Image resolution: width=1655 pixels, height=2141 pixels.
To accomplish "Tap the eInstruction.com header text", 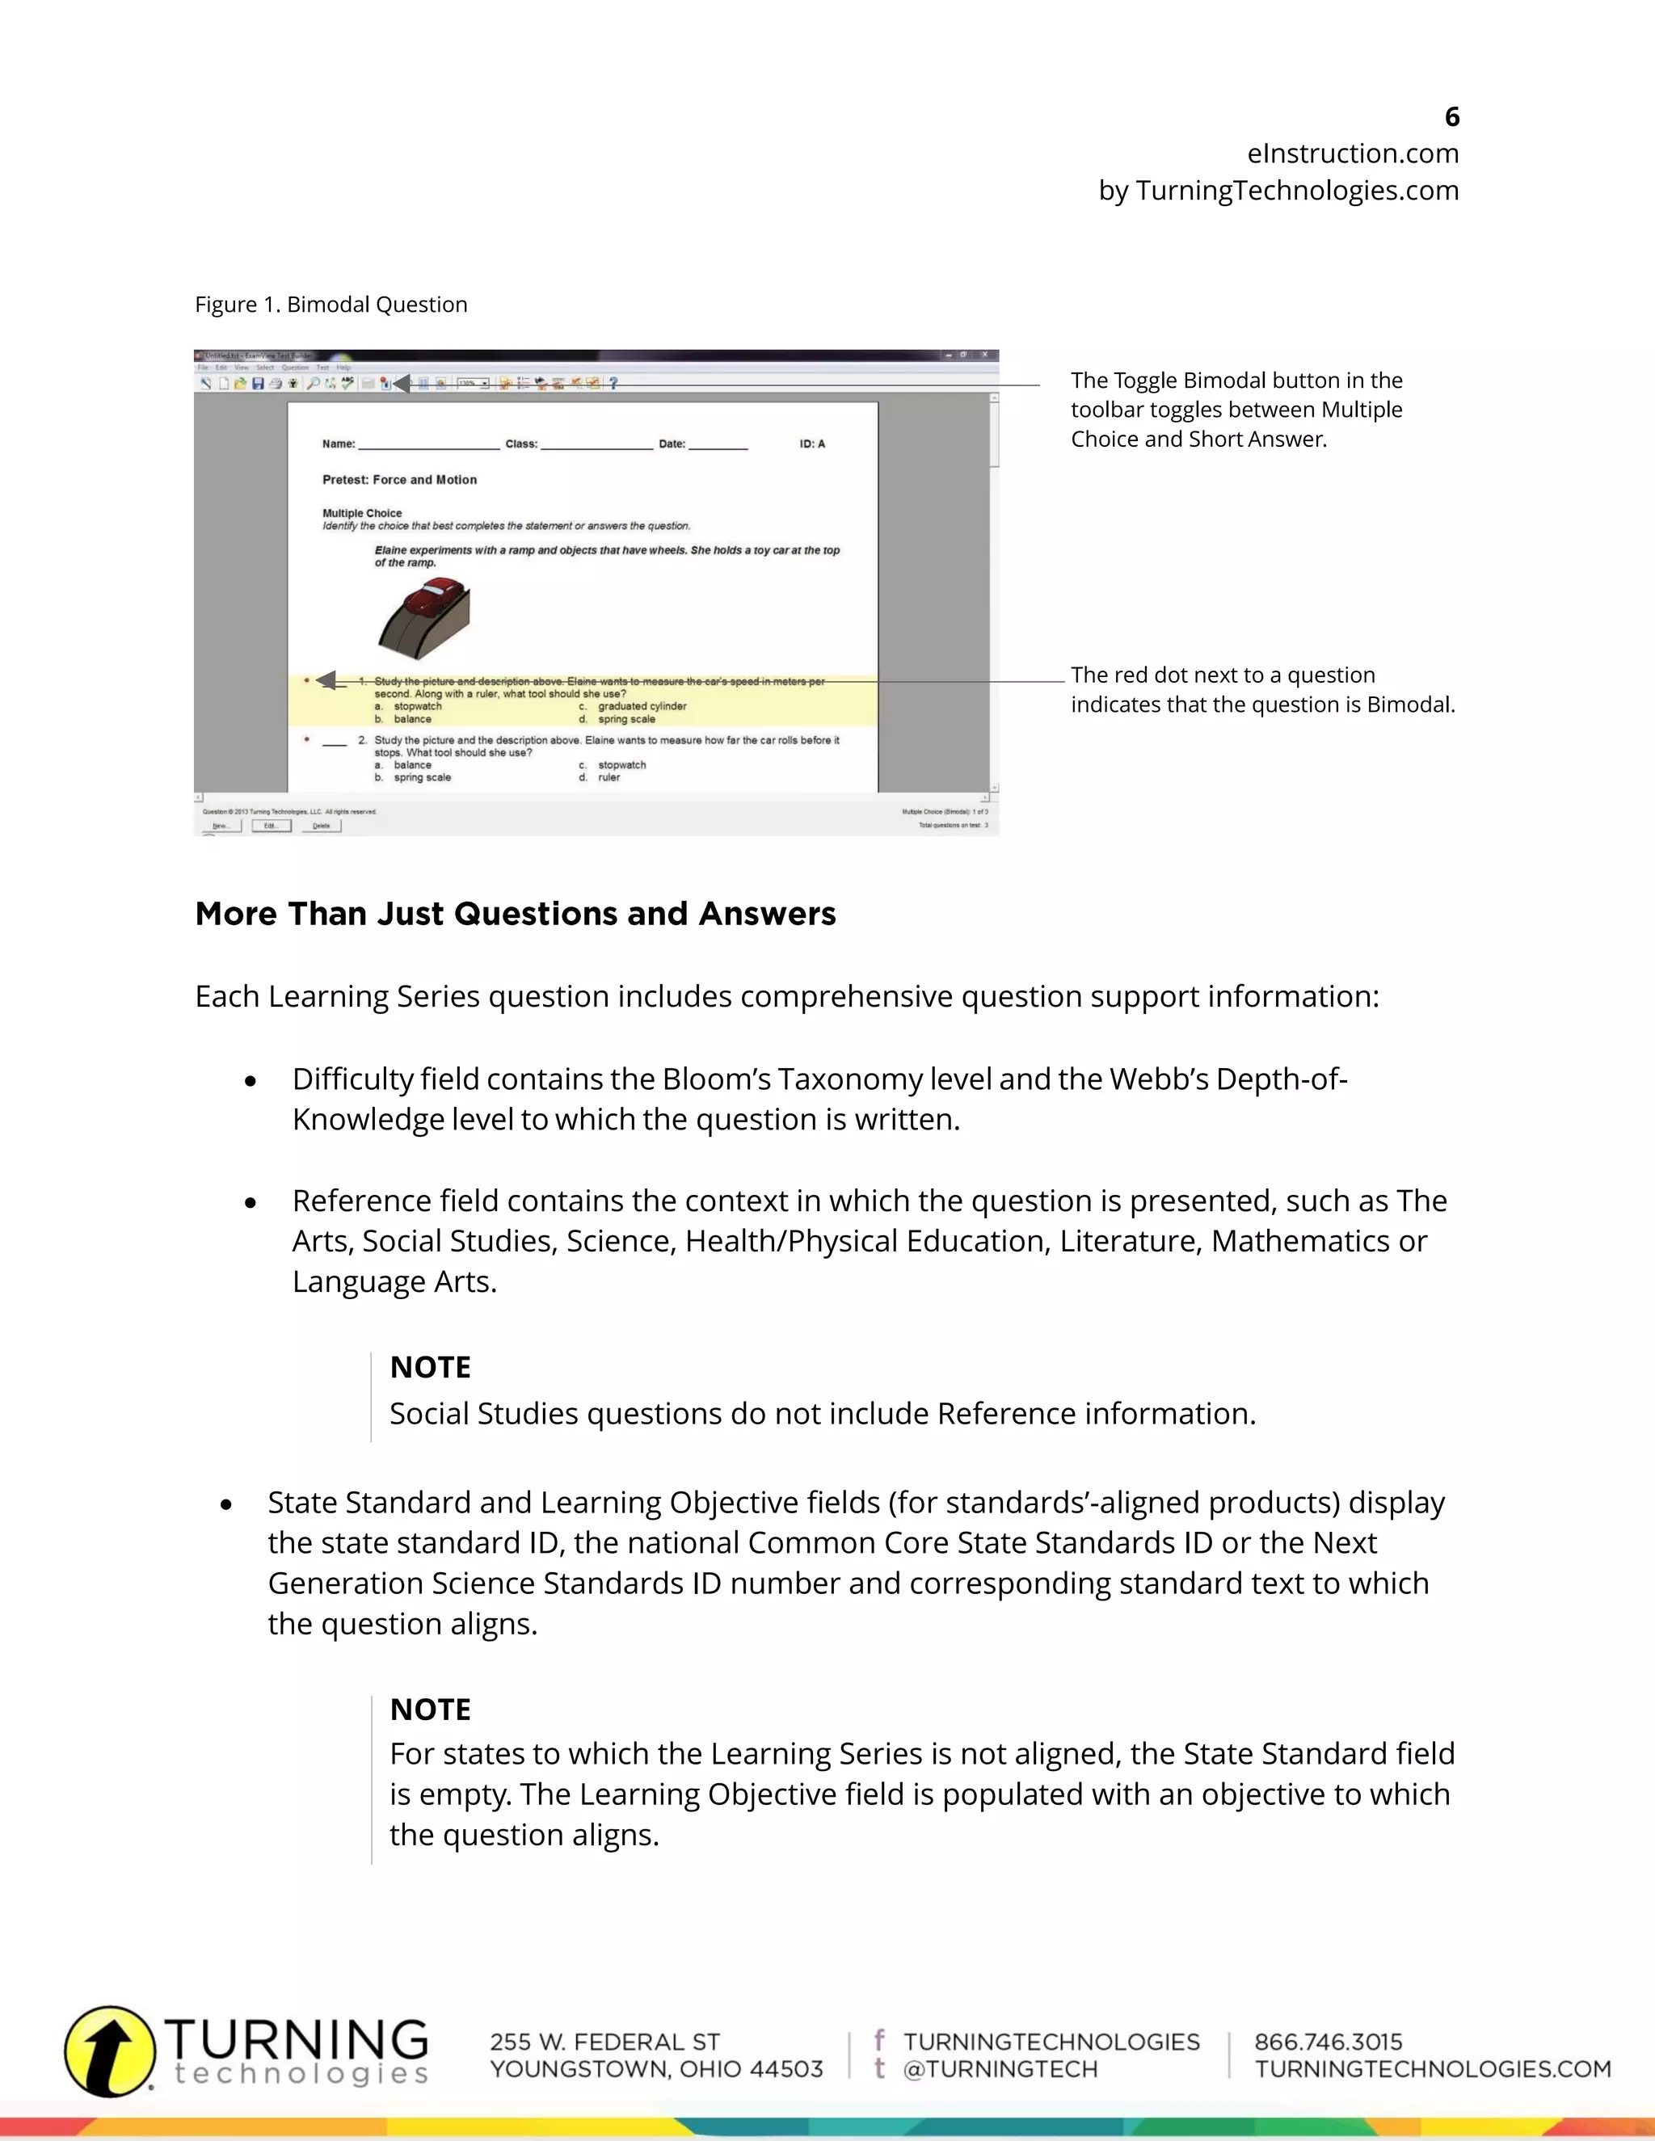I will click(x=1352, y=154).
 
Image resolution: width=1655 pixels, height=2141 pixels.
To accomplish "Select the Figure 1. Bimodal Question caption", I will click(x=331, y=305).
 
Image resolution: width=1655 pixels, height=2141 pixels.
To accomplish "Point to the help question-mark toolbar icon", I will click(x=614, y=383).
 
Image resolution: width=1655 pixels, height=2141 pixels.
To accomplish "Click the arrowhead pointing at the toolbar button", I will click(x=400, y=383).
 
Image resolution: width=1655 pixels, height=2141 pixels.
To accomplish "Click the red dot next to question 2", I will click(x=307, y=739).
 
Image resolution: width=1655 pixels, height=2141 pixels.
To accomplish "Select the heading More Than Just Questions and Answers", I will click(x=515, y=914).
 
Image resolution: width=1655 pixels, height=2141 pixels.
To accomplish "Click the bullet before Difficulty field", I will click(x=251, y=1081).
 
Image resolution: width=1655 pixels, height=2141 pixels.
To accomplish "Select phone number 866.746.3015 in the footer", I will click(x=1328, y=2042).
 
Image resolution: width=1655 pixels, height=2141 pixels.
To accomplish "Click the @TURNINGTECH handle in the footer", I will click(x=1000, y=2069).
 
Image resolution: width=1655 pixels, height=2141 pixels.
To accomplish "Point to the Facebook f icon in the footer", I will click(x=879, y=2040).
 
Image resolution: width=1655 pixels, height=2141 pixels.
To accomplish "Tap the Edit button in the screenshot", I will click(x=271, y=826).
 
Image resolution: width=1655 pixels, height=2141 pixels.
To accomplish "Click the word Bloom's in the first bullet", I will click(x=716, y=1079).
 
